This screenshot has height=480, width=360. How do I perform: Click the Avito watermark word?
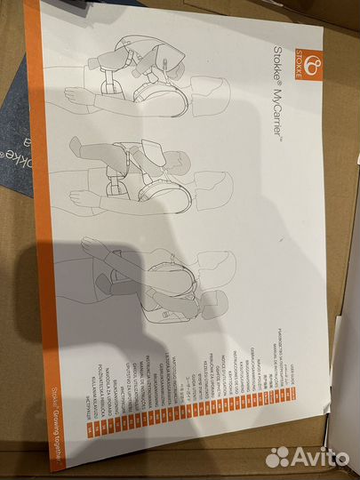(x=318, y=456)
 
